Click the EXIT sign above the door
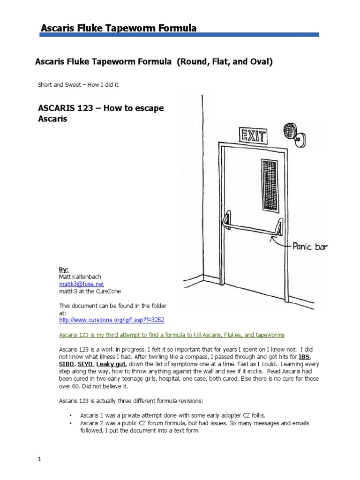coord(254,136)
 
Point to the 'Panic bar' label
coord(309,246)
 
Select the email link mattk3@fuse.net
coord(82,284)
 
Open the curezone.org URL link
coord(112,320)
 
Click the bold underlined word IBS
coord(304,356)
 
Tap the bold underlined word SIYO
coord(85,363)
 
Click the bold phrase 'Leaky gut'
coord(111,363)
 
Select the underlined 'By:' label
coord(64,270)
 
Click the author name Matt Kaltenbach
coord(80,277)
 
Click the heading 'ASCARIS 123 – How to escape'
coord(101,109)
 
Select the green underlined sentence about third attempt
coord(172,335)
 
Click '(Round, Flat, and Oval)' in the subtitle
coord(225,61)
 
